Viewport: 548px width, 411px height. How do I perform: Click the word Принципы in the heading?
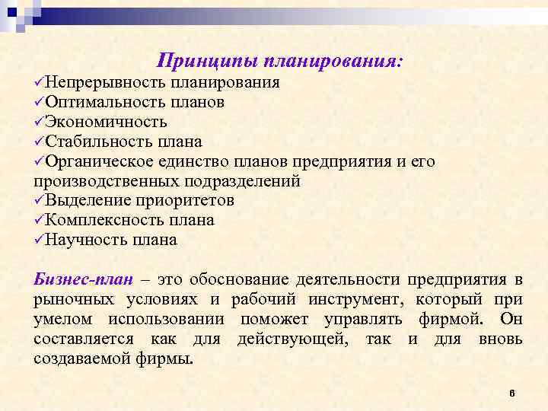click(200, 60)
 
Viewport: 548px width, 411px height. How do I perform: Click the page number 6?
click(512, 393)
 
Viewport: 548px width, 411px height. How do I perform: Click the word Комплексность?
click(104, 220)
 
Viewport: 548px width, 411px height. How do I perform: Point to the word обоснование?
click(246, 279)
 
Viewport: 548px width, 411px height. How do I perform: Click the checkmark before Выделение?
click(39, 200)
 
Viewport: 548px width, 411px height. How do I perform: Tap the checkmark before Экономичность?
click(39, 122)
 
